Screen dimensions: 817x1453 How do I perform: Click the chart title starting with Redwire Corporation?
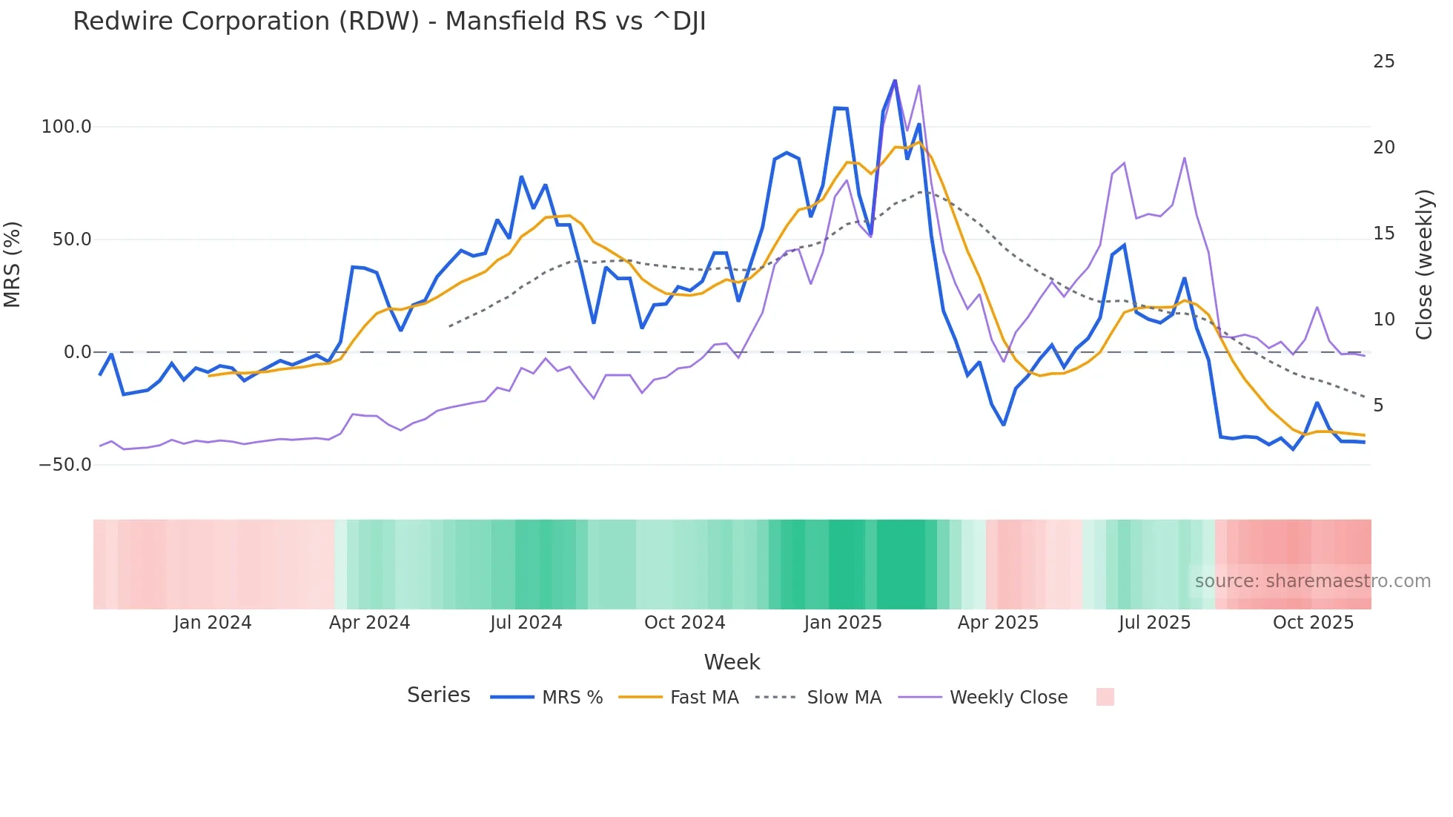389,21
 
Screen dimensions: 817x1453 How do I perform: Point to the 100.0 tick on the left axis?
66,127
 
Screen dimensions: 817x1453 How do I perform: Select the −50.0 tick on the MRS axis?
64,465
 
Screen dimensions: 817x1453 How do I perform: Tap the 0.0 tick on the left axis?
77,352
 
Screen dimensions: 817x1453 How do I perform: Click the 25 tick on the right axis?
1383,62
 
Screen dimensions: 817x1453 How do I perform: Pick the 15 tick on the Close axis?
1383,234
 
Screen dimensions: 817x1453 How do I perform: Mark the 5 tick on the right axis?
1378,406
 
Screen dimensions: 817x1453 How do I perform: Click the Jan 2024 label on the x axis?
213,623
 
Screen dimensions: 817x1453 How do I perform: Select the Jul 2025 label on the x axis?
1154,623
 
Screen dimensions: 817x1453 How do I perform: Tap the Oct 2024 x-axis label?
684,623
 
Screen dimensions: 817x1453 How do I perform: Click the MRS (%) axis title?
13,265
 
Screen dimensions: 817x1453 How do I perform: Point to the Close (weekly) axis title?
1424,265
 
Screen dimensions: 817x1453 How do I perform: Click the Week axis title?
732,662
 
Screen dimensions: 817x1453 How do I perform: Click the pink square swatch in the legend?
1105,697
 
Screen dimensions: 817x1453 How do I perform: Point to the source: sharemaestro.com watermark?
1312,581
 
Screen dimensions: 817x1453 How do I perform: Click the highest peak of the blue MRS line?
895,80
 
